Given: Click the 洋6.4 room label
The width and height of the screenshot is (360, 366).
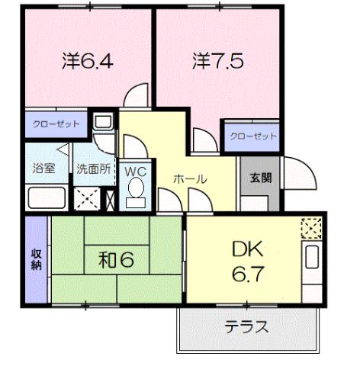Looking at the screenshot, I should coord(87,61).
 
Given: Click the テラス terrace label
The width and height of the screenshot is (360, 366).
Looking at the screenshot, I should coord(246,328).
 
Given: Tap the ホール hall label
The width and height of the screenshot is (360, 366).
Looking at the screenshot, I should coord(189,178).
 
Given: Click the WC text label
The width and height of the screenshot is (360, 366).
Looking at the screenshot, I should coord(136,170).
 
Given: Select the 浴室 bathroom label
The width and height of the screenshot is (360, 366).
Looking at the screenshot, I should coord(43,169).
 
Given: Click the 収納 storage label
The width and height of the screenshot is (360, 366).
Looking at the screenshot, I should coord(35,260).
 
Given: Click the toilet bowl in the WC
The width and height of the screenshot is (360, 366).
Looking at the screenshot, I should coord(137,189).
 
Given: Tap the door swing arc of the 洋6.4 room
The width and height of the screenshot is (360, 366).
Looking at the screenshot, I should coord(137,96).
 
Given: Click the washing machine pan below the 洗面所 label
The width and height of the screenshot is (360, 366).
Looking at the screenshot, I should coord(86,198).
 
